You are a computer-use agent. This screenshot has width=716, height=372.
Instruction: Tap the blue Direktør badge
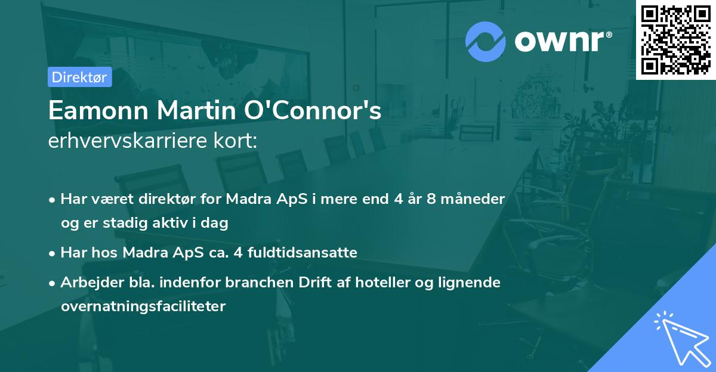pos(79,77)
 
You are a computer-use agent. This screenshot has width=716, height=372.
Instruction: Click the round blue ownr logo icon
pos(485,42)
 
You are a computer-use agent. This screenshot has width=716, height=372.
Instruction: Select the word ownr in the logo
pos(561,42)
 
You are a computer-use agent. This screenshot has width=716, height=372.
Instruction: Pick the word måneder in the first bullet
pos(476,199)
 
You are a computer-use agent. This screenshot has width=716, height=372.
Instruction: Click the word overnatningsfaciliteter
pos(143,306)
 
